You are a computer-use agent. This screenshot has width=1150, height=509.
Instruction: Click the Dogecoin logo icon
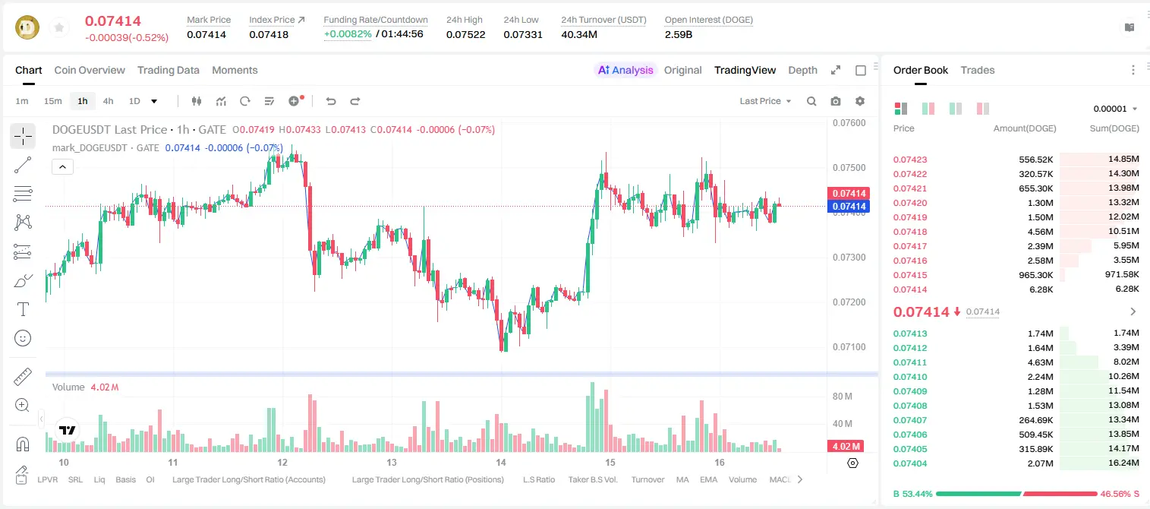(27, 27)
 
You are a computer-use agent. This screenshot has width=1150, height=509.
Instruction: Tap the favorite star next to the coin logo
(59, 27)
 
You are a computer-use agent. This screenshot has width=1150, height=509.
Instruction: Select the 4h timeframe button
(108, 101)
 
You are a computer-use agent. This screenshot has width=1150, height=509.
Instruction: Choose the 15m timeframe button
(53, 101)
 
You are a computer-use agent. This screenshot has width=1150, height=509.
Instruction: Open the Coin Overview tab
(90, 70)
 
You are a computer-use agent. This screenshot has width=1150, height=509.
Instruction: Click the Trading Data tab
(169, 70)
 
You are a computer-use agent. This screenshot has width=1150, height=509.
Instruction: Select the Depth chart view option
(802, 70)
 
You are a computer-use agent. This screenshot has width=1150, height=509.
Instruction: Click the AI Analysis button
(625, 70)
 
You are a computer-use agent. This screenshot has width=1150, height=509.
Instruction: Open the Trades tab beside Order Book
(978, 70)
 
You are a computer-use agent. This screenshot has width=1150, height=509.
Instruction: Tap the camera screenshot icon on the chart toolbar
(836, 101)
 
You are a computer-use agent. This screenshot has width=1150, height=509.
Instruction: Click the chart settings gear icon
(860, 101)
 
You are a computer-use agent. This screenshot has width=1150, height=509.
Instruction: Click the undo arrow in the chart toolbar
(331, 101)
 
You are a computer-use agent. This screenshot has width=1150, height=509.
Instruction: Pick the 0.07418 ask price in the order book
(909, 232)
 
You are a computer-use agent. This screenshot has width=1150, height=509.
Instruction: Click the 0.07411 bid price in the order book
(909, 362)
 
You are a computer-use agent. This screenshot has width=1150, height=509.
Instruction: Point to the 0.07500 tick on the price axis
(849, 168)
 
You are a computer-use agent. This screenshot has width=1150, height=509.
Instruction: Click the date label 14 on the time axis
(500, 462)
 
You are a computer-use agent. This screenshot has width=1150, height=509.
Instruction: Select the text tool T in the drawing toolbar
(23, 309)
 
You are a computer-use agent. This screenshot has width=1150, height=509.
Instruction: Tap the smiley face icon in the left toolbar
(23, 338)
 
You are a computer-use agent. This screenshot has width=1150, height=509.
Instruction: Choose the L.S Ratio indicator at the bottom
(538, 479)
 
